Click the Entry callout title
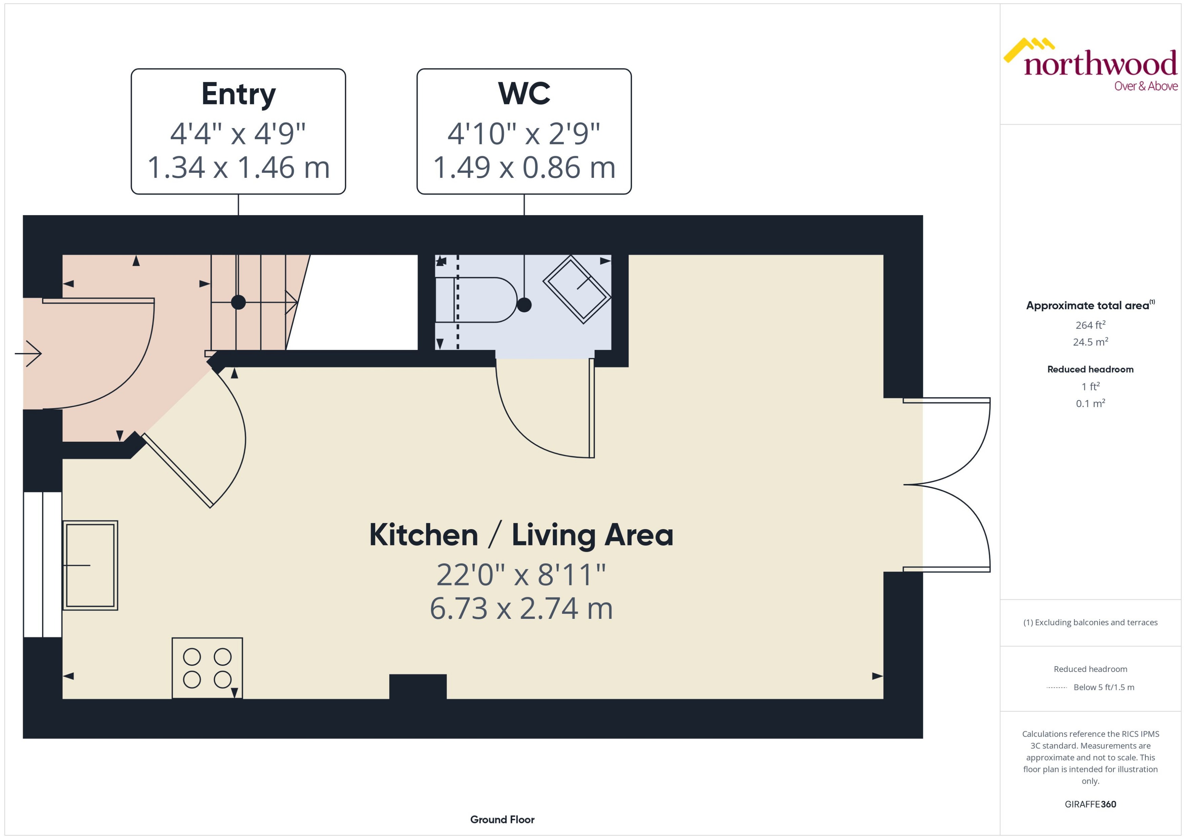coord(238,94)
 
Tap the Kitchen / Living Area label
coord(521,535)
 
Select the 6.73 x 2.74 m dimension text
coord(521,609)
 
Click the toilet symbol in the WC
coord(478,300)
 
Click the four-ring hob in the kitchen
coord(207,668)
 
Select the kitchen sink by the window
coord(90,565)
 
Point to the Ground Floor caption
coord(502,819)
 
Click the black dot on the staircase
coord(238,302)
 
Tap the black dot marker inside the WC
coord(524,305)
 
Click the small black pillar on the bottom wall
coord(417,687)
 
